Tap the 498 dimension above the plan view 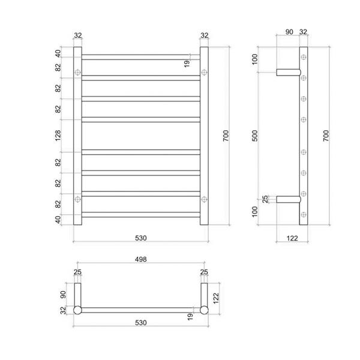(142, 260)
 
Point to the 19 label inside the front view (187, 63)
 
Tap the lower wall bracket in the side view (286, 199)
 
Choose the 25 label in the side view (265, 199)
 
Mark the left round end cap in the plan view (77, 310)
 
